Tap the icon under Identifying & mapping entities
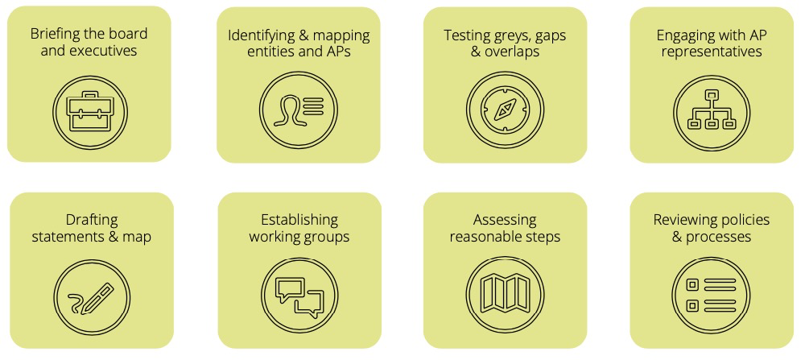(297, 110)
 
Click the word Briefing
(56, 34)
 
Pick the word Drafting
(91, 220)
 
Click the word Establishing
(299, 220)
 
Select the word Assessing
(505, 220)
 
